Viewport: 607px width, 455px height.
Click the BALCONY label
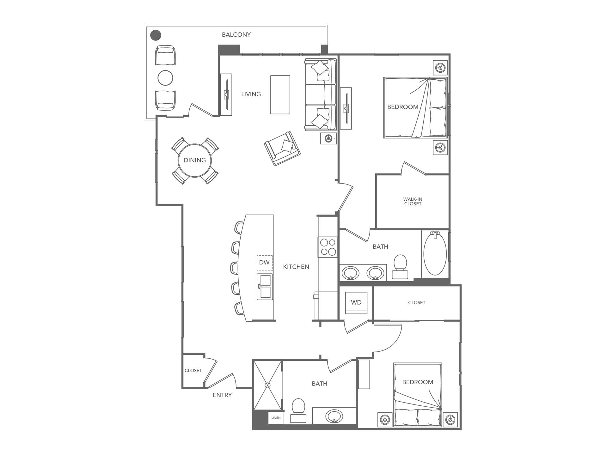coord(236,35)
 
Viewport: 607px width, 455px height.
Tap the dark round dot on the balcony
coord(156,35)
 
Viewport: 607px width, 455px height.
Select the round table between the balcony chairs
coord(165,77)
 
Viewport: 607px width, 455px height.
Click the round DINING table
coord(195,160)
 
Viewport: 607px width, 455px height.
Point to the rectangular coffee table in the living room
coord(280,94)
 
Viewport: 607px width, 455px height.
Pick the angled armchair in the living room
coord(282,149)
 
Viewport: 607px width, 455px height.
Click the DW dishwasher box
coord(264,263)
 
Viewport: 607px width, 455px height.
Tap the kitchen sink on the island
coord(265,287)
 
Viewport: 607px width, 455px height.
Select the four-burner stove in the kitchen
coord(328,247)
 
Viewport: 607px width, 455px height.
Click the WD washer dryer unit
coord(356,303)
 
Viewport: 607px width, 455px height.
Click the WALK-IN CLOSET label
coord(413,202)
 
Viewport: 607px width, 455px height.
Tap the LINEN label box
coord(276,418)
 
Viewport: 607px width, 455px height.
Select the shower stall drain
coord(268,385)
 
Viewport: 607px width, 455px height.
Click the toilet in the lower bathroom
coord(298,410)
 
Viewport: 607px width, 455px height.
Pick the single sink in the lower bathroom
coord(334,416)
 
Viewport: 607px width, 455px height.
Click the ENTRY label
coord(222,395)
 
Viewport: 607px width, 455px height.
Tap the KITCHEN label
coord(296,267)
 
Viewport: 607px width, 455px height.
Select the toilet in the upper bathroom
coord(400,266)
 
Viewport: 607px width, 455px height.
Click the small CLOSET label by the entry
coord(193,371)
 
